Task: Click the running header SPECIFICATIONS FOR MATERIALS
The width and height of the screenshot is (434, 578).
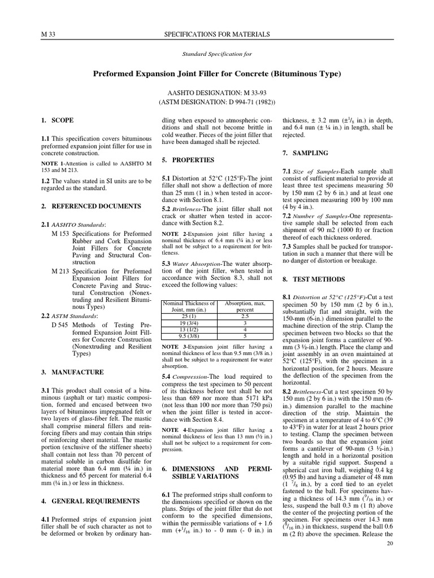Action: point(217,35)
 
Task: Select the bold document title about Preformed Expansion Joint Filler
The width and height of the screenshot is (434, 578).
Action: point(217,74)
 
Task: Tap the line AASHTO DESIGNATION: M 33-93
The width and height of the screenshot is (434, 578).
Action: point(217,92)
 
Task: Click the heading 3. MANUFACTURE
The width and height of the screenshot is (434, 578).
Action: point(72,373)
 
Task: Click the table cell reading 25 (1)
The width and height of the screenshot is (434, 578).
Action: point(189,317)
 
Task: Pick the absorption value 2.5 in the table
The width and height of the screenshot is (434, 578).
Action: point(244,317)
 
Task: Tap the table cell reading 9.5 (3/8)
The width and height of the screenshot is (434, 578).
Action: point(189,335)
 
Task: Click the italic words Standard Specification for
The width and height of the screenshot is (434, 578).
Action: point(217,55)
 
